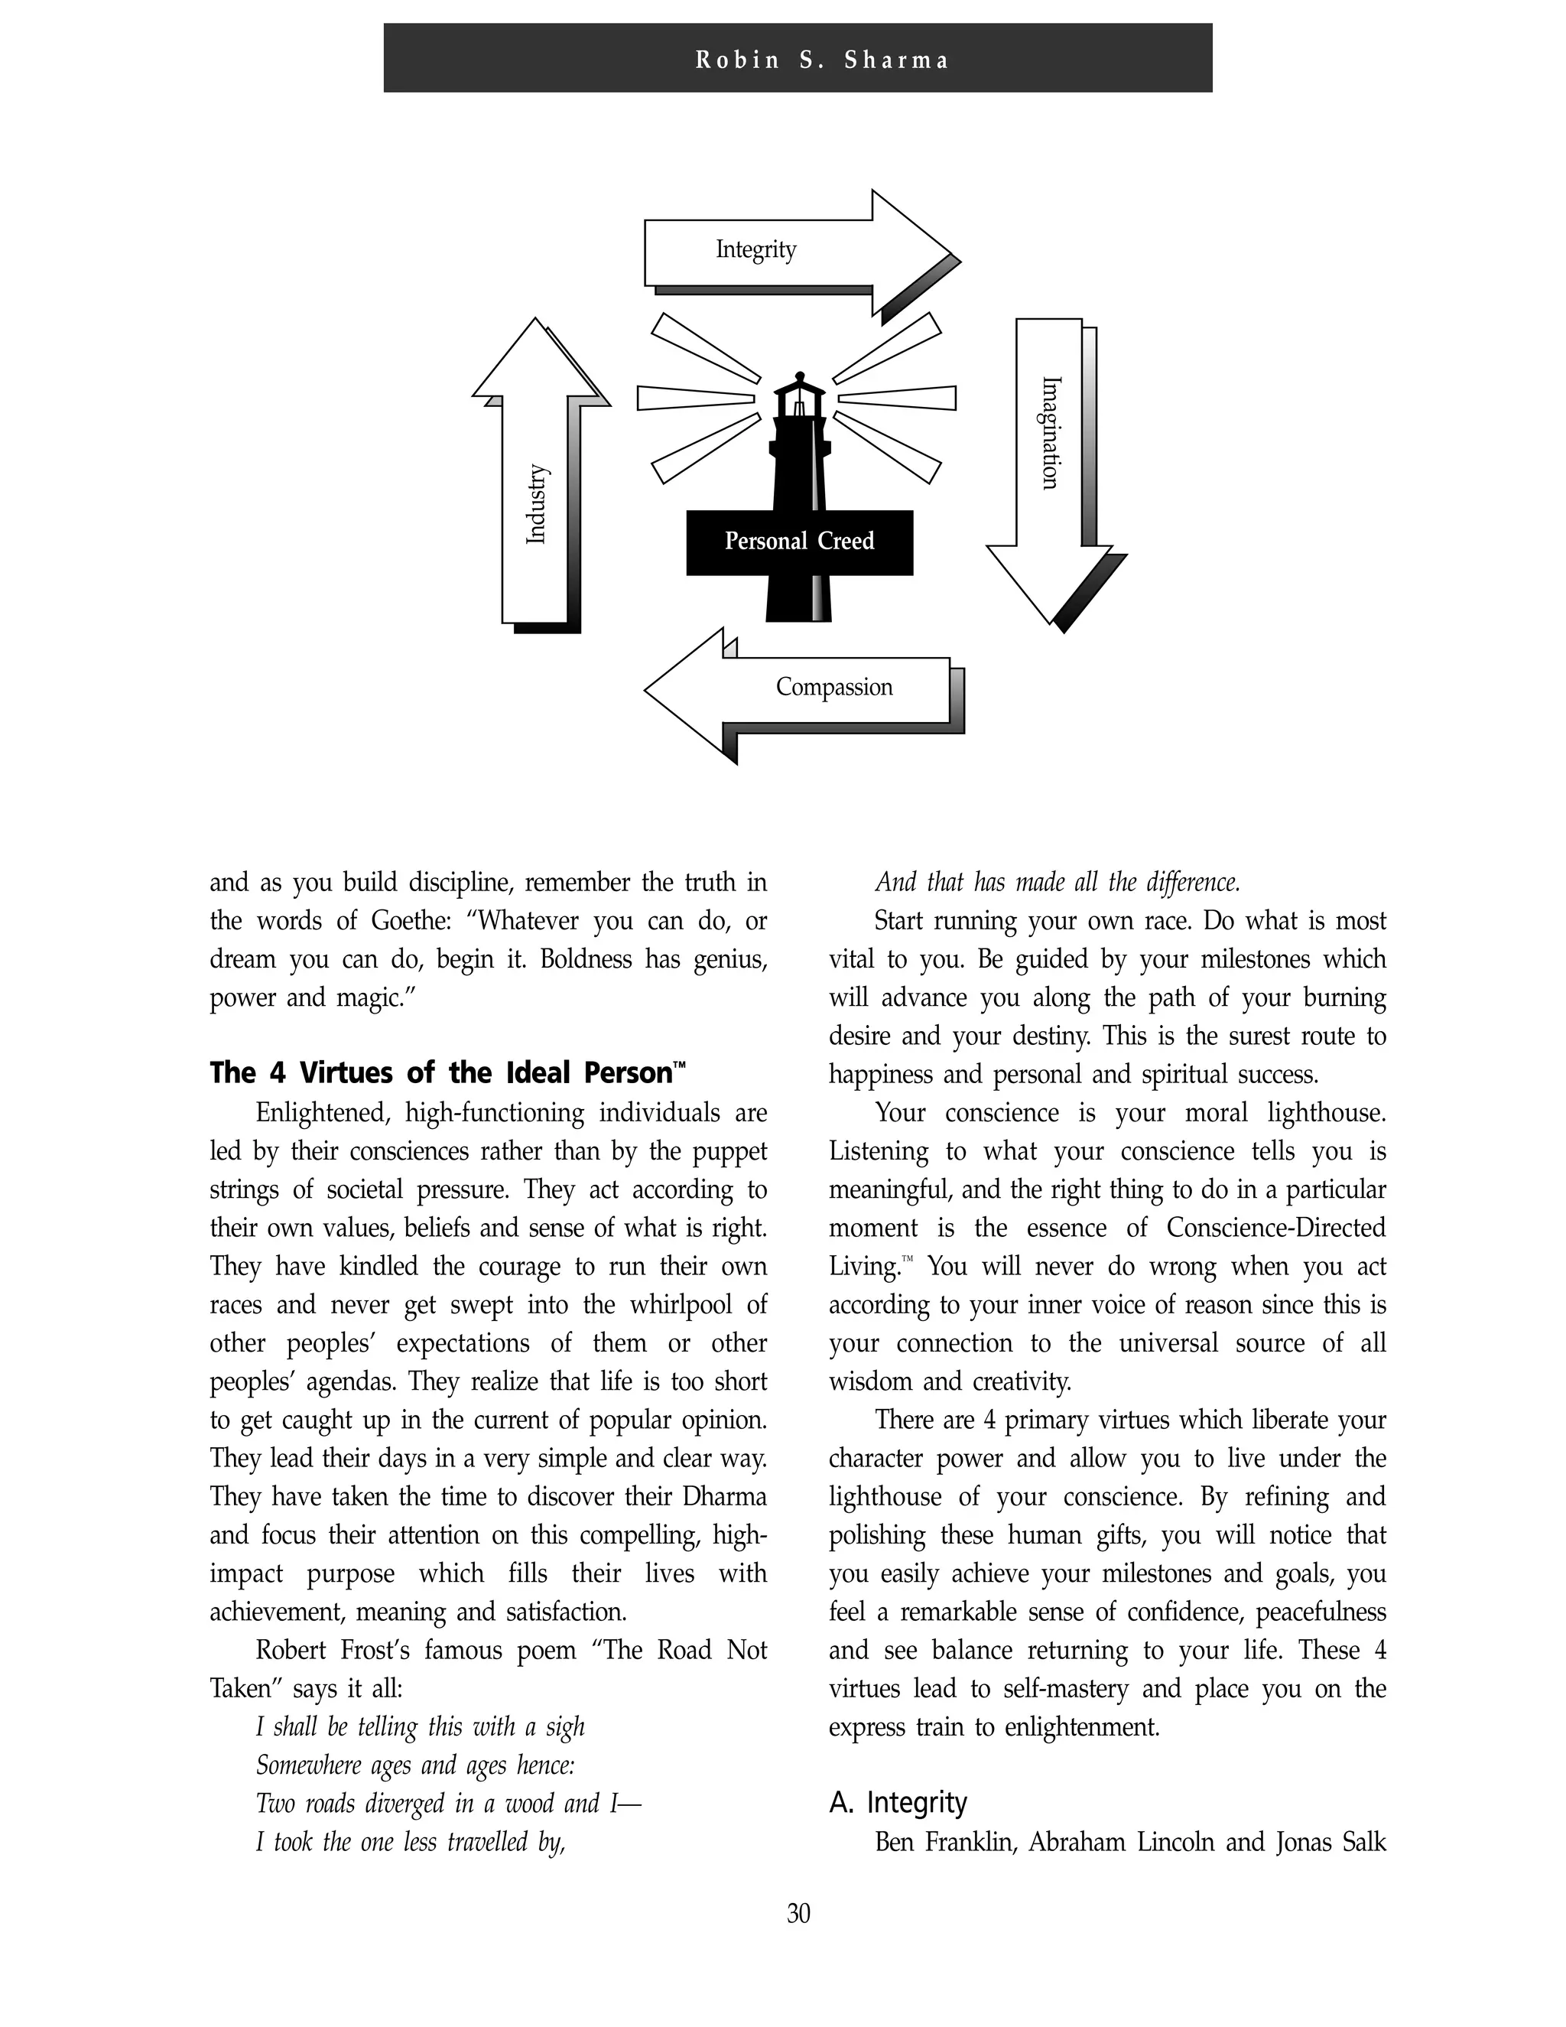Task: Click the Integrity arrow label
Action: (755, 249)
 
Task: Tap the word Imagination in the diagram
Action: (1049, 432)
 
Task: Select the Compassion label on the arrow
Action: (834, 687)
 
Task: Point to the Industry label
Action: (536, 504)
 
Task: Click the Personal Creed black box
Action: (799, 542)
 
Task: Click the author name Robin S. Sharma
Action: (823, 60)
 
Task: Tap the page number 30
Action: (798, 1913)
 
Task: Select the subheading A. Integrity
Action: (897, 1802)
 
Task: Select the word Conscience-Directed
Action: (1275, 1228)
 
